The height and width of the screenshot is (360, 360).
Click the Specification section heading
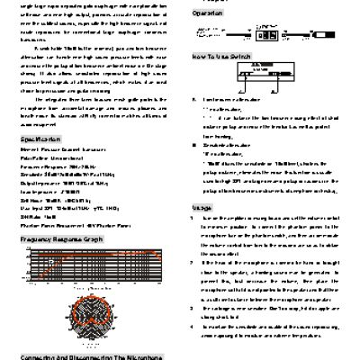34,141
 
